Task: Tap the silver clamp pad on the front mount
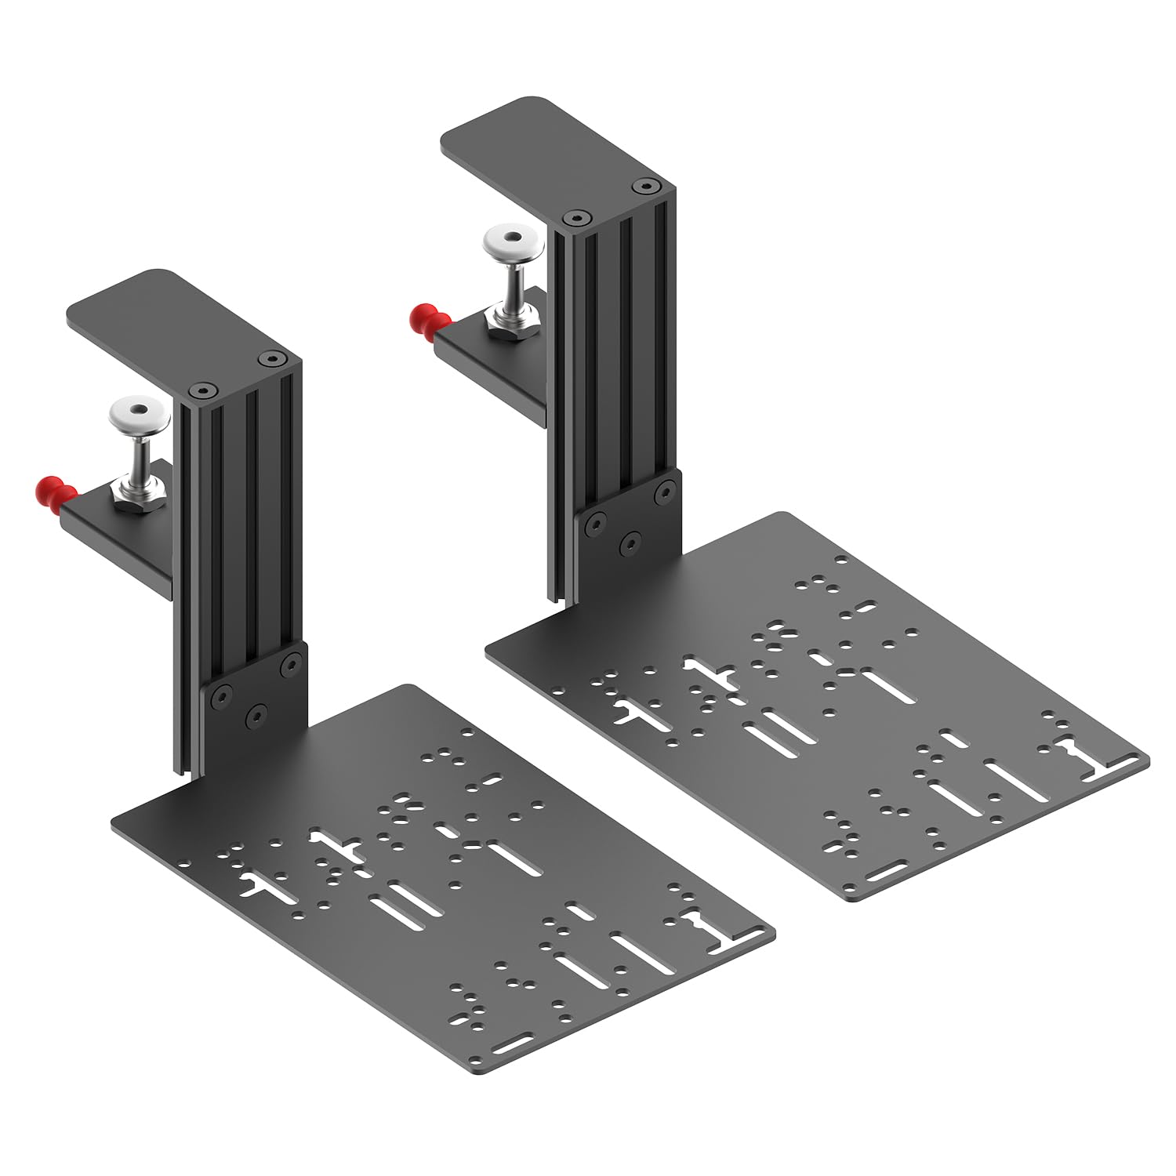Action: pos(140,409)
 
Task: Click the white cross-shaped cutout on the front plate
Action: pos(339,846)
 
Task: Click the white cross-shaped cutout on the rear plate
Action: pos(711,673)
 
